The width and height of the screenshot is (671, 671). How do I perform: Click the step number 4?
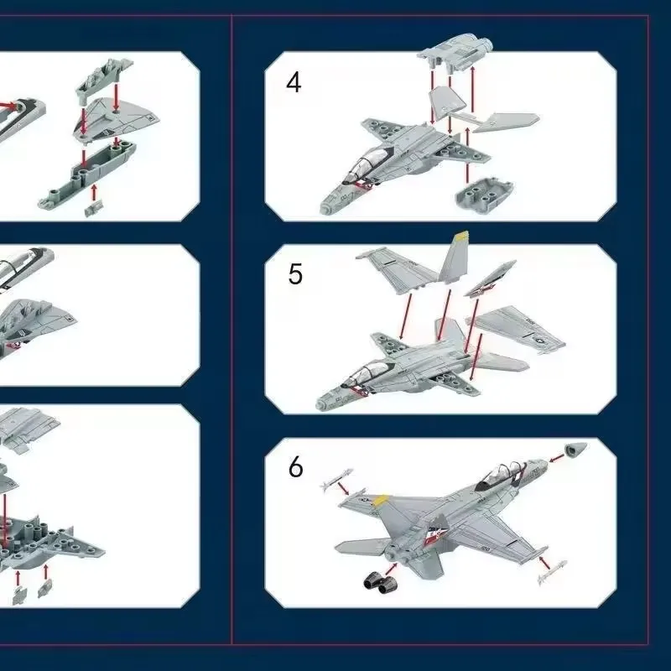[x=294, y=82]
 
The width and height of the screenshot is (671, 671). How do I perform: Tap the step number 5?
[x=295, y=274]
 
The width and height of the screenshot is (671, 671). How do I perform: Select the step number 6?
[x=296, y=467]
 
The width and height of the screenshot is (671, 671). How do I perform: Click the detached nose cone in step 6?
[x=575, y=450]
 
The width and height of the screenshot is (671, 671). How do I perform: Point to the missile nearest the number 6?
[x=336, y=479]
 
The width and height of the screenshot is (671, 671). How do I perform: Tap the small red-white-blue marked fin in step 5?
[x=489, y=278]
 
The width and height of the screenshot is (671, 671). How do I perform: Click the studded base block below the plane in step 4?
[x=484, y=194]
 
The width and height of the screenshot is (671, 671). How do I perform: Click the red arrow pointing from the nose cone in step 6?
[x=556, y=459]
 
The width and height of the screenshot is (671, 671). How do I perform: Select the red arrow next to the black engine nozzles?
[x=391, y=570]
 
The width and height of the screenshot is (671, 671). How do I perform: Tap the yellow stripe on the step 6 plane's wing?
[x=381, y=499]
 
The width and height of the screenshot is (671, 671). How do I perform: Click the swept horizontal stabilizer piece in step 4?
[x=505, y=122]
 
